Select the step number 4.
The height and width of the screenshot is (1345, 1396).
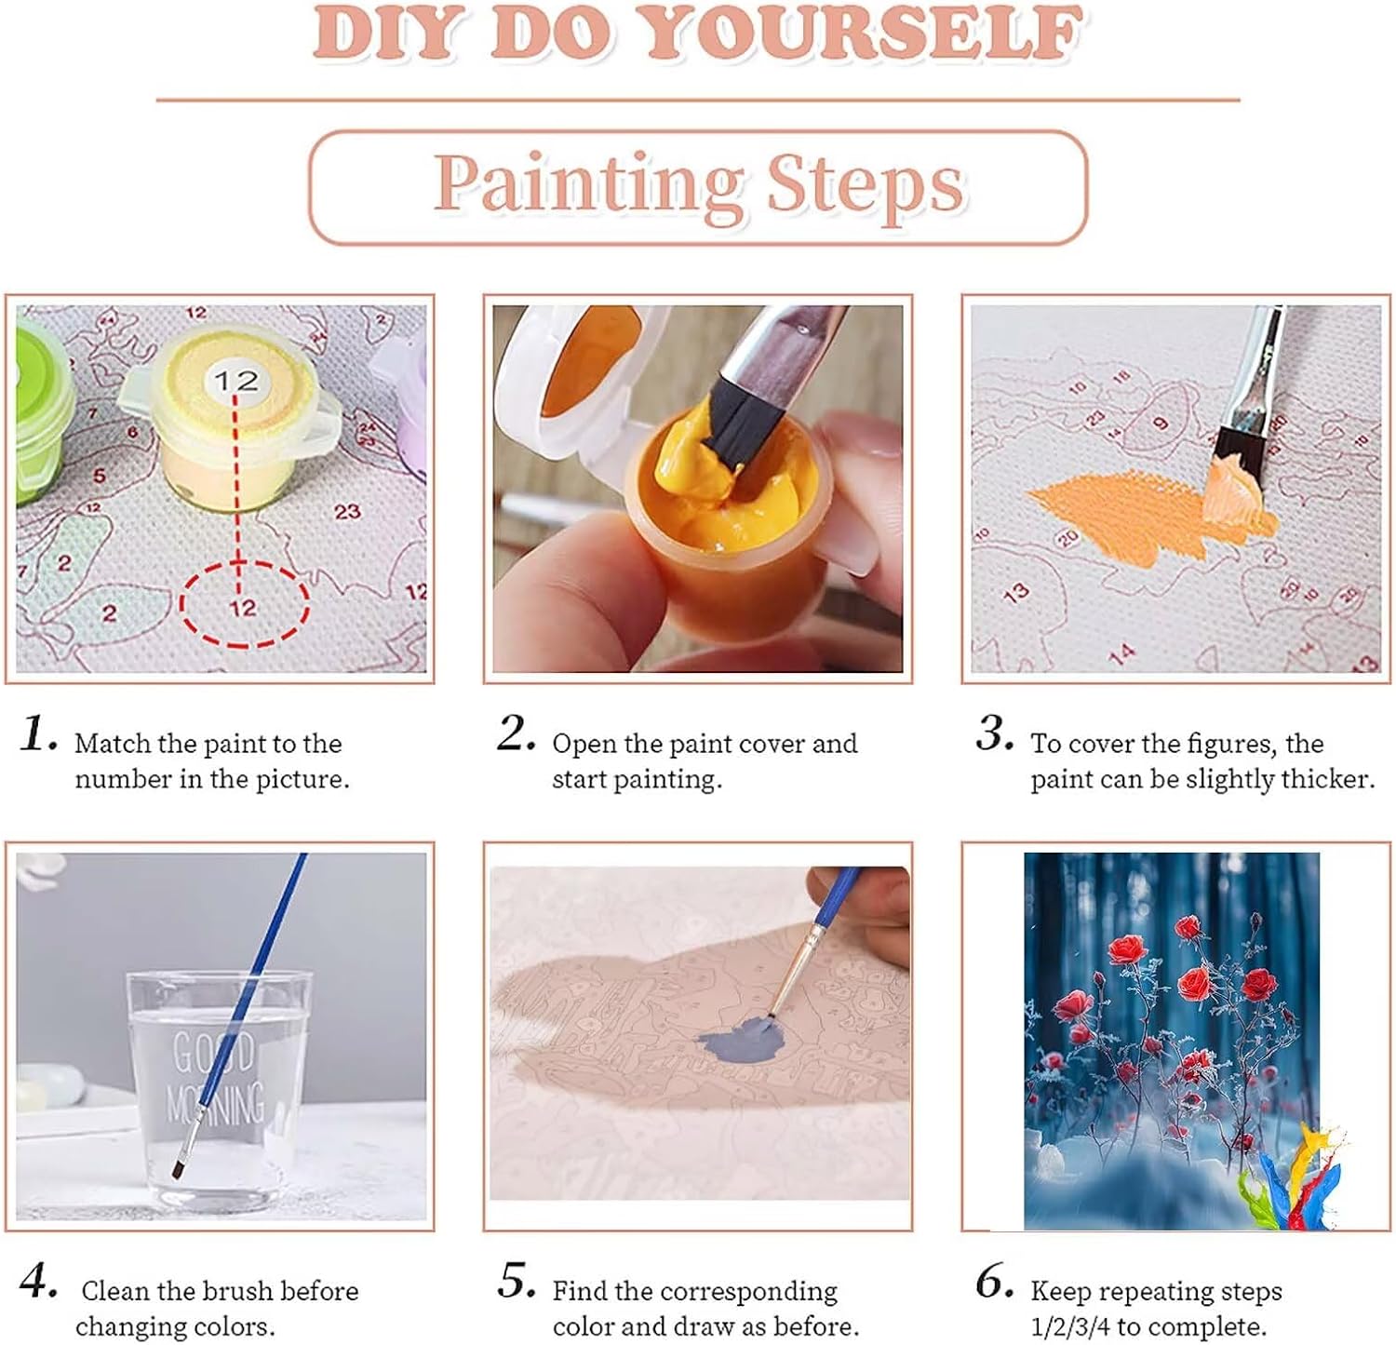click(x=37, y=1282)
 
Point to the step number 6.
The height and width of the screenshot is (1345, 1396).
click(x=994, y=1282)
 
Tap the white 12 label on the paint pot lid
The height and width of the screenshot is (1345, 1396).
click(x=235, y=380)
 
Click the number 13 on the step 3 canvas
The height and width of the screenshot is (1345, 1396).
click(x=1016, y=591)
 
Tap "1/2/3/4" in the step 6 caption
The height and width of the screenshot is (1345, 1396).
click(x=1070, y=1326)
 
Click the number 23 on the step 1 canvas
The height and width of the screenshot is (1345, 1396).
click(x=347, y=511)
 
